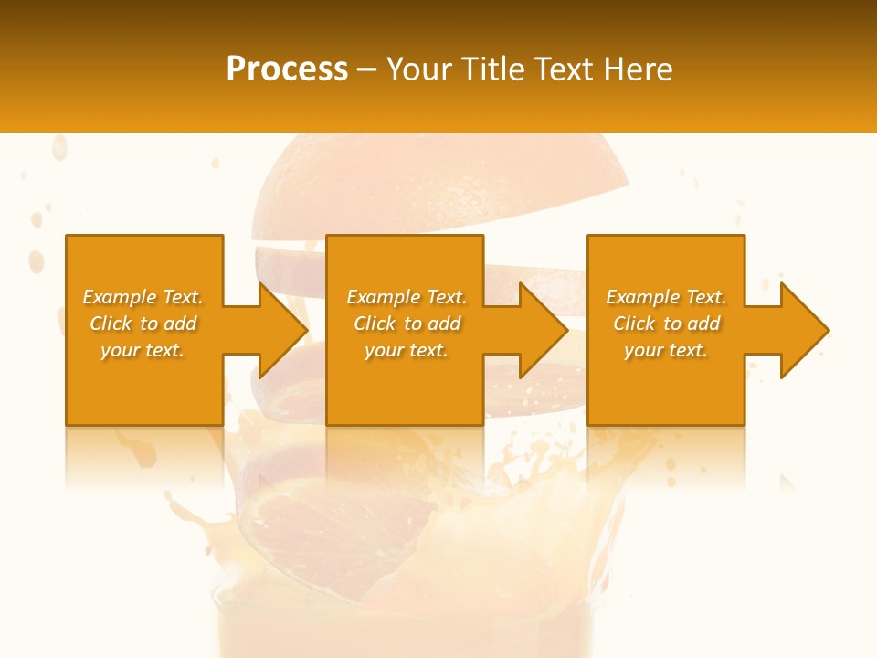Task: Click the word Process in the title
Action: (287, 69)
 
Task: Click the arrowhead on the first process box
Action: (282, 330)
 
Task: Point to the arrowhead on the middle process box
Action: (543, 330)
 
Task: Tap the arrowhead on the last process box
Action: (804, 330)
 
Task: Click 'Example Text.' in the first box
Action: (143, 297)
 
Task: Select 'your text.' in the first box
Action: (143, 350)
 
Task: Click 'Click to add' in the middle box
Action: (407, 324)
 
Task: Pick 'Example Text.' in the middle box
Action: (407, 297)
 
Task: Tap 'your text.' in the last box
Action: (666, 350)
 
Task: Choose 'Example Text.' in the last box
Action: (666, 297)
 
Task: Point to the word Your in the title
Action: (417, 69)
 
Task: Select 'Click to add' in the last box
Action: (666, 324)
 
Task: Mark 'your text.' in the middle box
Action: (407, 350)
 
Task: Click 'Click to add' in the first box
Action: (143, 324)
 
